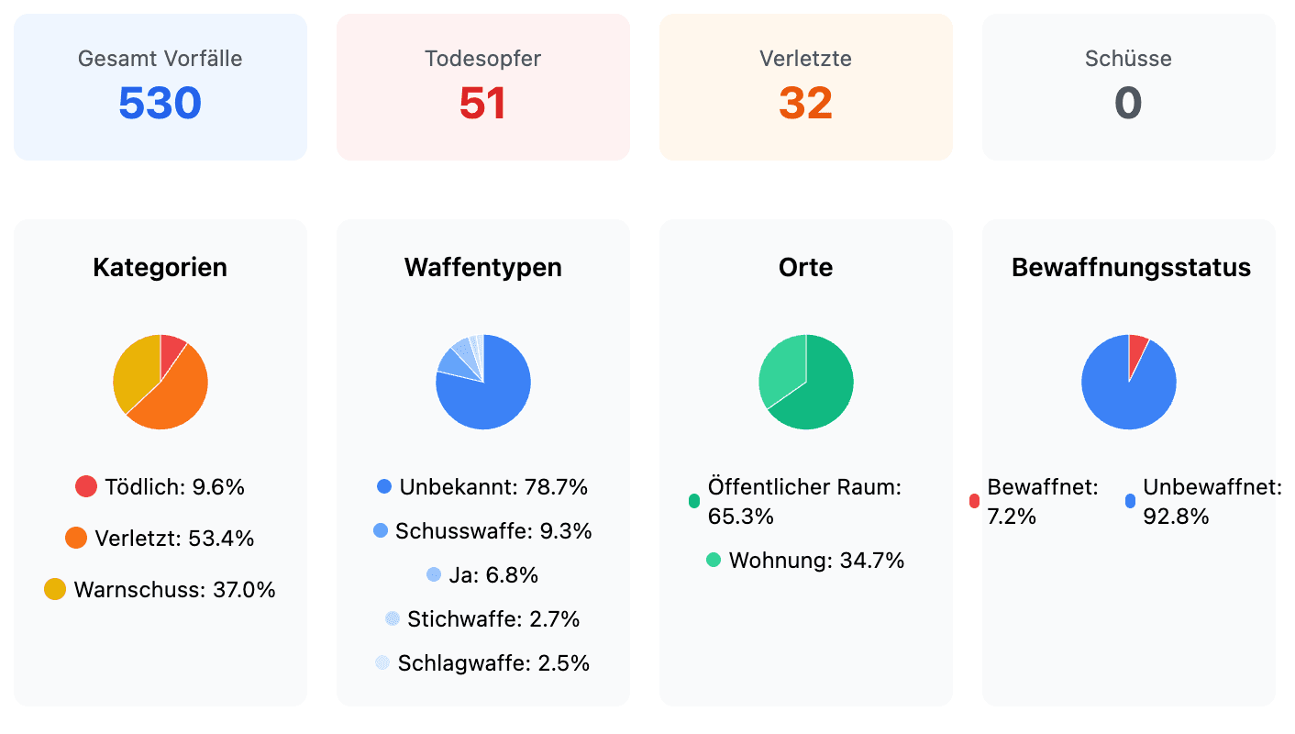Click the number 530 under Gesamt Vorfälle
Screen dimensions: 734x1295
(x=160, y=104)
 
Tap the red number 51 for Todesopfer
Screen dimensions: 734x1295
(x=482, y=104)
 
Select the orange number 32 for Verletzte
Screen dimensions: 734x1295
(x=805, y=104)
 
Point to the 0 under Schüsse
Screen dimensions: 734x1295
(x=1128, y=104)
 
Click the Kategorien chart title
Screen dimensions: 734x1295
(x=160, y=268)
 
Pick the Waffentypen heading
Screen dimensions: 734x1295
(x=482, y=268)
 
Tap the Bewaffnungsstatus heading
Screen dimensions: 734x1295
(x=1130, y=268)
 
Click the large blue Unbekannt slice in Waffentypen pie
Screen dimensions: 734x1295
(x=491, y=395)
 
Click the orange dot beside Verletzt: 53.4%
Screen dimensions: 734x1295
(x=76, y=539)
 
